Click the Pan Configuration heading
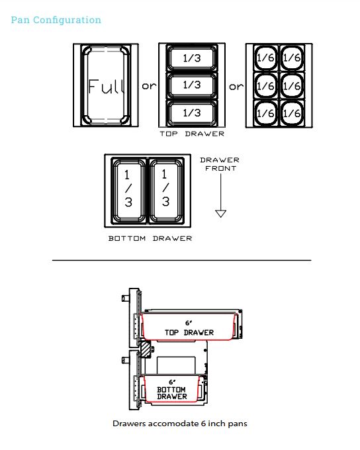coord(56,20)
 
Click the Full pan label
coord(107,87)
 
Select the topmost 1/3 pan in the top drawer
coord(192,58)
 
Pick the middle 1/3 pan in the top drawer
coord(192,85)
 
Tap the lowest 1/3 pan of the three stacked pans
coord(192,112)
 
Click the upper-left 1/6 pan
coord(266,58)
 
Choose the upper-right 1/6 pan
coord(292,58)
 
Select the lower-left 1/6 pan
coord(266,112)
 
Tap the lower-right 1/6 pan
coord(292,112)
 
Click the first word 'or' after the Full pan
coord(149,86)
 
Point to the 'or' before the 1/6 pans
coord(236,87)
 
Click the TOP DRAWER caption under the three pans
coord(192,134)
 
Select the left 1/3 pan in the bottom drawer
coord(128,191)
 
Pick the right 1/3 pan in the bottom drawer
coord(165,191)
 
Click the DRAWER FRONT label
coord(220,164)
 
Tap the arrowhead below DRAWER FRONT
coord(220,213)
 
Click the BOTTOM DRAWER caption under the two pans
coord(150,238)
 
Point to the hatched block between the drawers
coord(146,349)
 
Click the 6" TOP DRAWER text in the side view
coord(189,328)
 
